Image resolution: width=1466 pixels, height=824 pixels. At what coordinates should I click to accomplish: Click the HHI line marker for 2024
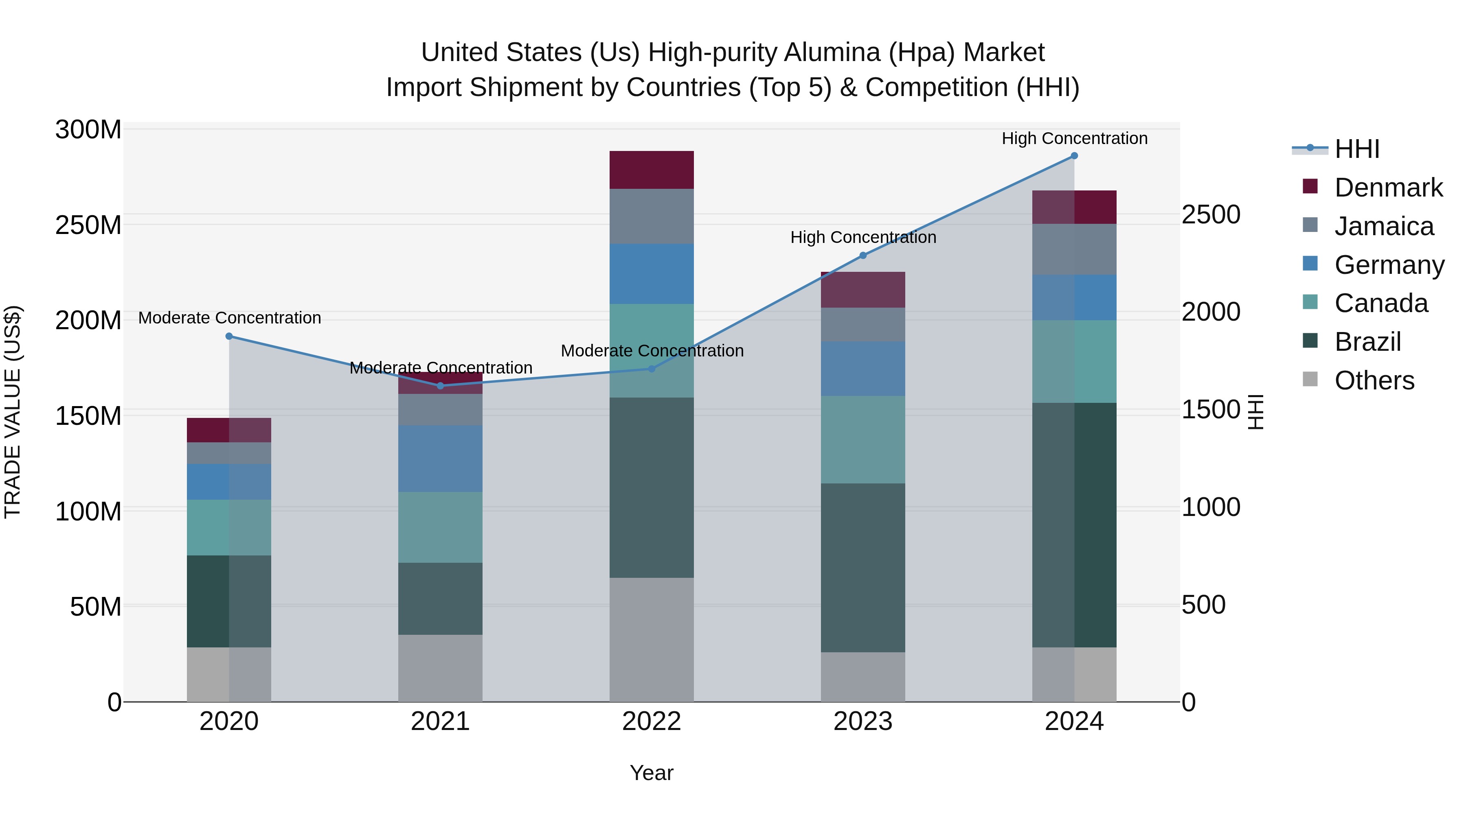(1074, 156)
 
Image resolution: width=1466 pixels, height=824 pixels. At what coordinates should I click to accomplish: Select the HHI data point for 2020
(229, 336)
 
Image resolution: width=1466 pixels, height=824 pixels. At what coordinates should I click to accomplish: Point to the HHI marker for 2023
(863, 255)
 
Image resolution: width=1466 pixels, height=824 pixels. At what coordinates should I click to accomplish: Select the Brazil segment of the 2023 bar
(863, 568)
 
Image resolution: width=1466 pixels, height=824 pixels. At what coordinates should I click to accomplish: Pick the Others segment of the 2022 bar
(652, 639)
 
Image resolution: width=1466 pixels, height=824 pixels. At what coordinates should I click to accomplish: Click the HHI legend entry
(1357, 149)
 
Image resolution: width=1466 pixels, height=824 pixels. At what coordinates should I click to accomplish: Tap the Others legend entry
(1374, 380)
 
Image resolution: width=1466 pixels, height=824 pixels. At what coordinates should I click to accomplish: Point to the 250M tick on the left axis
(88, 225)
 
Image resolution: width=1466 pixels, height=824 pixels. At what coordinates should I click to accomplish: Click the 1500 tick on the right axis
(1211, 409)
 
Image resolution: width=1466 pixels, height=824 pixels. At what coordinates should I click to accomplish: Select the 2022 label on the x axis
(652, 721)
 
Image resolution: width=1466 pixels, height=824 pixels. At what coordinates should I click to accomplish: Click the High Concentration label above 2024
(1074, 138)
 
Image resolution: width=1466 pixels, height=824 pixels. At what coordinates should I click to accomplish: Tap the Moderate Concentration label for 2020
(229, 318)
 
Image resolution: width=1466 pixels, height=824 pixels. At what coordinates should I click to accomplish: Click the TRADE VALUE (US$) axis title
(13, 412)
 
